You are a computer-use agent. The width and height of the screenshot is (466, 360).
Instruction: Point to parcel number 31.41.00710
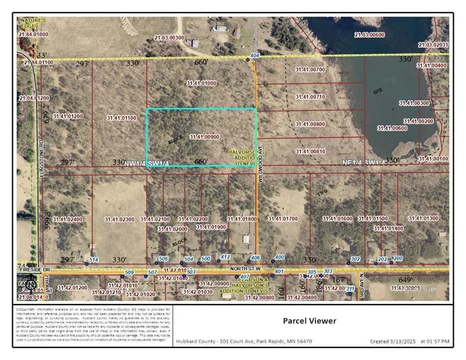(310, 97)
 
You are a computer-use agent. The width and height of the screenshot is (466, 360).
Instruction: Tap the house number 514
(94, 259)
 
